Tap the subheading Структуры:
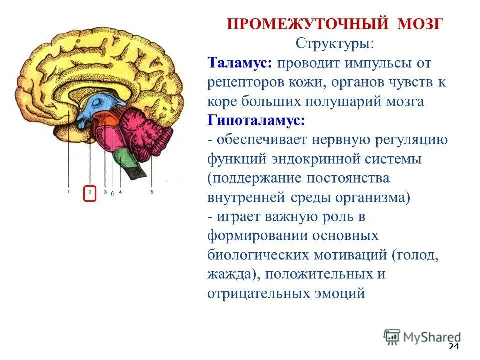pos(334,44)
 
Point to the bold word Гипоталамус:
pos(256,121)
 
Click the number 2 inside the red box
pos(90,192)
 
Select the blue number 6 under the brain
pos(113,193)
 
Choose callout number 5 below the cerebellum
pos(151,191)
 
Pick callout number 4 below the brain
pos(121,191)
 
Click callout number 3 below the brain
pos(105,191)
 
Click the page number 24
pos(453,347)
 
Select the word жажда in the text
pos(232,274)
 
